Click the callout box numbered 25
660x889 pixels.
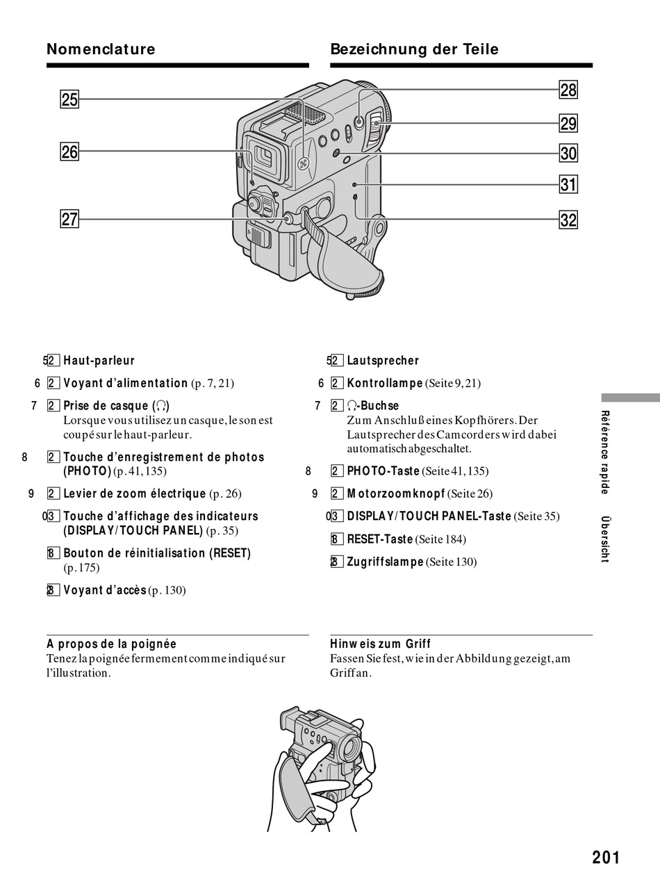[69, 99]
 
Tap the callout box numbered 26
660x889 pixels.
[69, 152]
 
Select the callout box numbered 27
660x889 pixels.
[69, 220]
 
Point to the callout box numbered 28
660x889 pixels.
[568, 90]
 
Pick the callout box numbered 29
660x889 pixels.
[568, 124]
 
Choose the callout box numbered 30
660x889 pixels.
[568, 154]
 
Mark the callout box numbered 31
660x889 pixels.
[568, 185]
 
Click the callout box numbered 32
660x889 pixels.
[568, 220]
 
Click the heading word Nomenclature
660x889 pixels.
[101, 49]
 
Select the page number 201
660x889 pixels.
[606, 858]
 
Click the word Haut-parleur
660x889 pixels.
[99, 361]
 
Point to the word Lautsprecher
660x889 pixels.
[383, 361]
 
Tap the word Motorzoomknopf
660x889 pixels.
[396, 494]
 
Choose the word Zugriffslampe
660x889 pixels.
[385, 562]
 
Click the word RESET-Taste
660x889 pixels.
[380, 539]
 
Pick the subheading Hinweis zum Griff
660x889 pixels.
[380, 644]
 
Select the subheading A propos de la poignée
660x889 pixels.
[111, 644]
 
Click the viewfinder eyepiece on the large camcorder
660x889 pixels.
[265, 158]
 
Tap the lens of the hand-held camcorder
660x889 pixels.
[351, 749]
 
